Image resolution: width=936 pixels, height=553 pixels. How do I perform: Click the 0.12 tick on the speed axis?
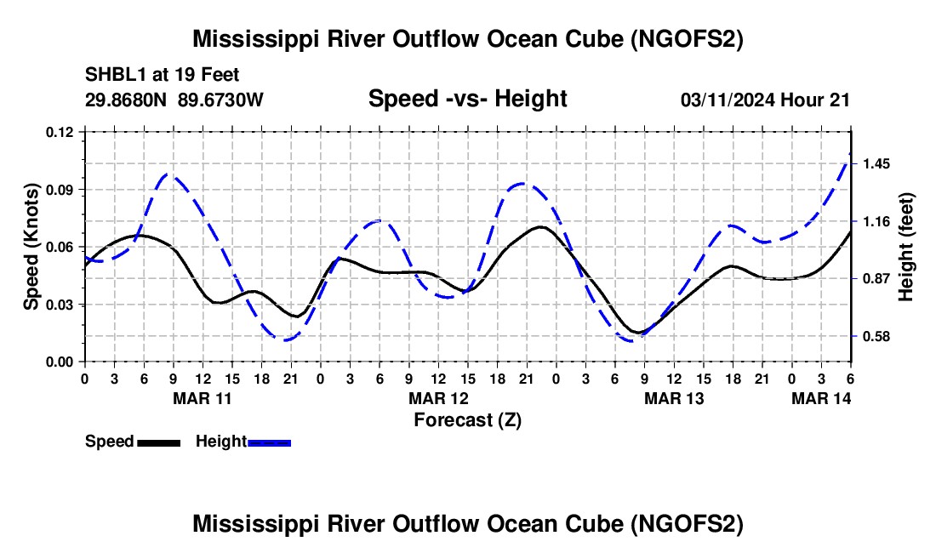tap(61, 132)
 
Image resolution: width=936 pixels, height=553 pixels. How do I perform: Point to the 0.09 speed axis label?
tap(61, 190)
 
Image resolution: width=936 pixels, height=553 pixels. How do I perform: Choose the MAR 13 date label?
tap(673, 397)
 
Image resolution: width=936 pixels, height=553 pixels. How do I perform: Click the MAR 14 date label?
tap(822, 397)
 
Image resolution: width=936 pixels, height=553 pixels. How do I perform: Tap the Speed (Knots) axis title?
tap(31, 247)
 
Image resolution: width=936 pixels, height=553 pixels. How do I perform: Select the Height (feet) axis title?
tap(906, 247)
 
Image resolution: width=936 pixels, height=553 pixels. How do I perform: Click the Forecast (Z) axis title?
tap(467, 419)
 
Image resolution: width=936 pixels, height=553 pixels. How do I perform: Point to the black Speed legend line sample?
tap(158, 442)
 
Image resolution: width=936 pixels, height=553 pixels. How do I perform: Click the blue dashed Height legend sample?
tap(269, 442)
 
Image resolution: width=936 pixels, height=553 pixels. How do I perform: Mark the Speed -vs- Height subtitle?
tap(467, 100)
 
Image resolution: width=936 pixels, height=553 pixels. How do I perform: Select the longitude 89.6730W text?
tap(221, 100)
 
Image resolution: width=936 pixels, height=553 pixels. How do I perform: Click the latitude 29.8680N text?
tap(127, 100)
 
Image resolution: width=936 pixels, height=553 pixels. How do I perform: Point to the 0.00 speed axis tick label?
tap(61, 362)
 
